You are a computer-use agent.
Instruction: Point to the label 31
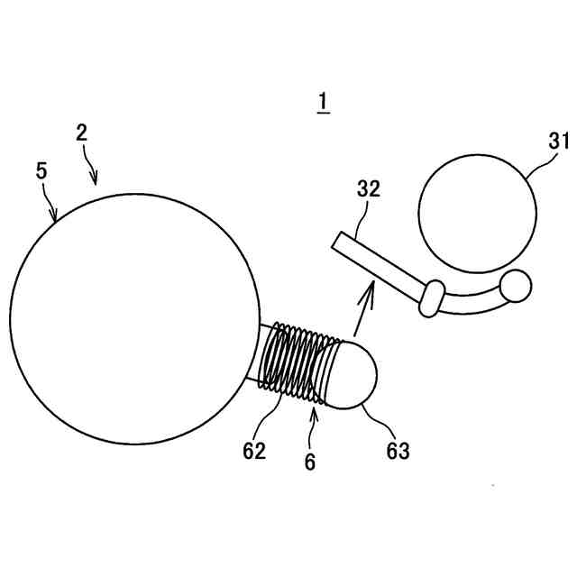tap(560, 141)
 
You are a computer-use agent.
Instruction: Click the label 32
tap(368, 190)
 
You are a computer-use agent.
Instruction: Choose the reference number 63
tap(398, 451)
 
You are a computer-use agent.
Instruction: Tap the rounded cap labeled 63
tap(357, 373)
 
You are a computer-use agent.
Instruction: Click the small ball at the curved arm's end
tap(517, 287)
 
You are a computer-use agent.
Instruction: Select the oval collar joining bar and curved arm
tap(432, 298)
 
